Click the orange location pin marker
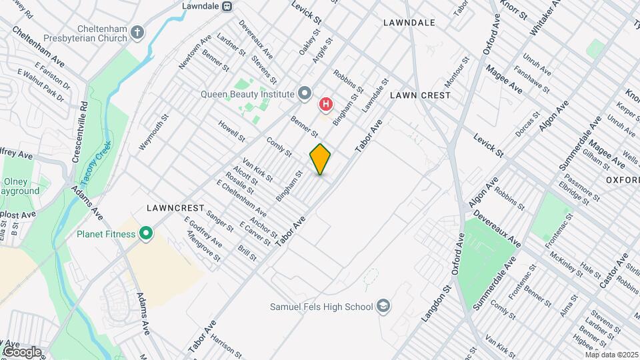(320, 159)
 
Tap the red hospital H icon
(326, 104)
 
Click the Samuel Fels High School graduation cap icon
(383, 307)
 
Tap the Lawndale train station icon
(227, 7)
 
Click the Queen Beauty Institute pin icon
(305, 94)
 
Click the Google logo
(22, 351)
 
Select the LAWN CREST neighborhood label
(420, 95)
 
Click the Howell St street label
(231, 129)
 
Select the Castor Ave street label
(613, 270)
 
